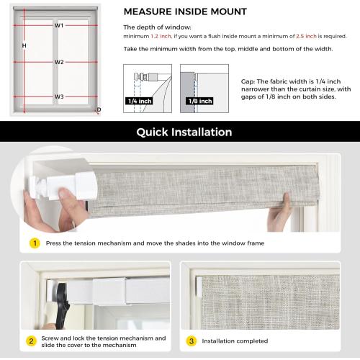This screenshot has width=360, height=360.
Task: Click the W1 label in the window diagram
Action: [59, 25]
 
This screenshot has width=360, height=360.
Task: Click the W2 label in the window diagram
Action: [59, 62]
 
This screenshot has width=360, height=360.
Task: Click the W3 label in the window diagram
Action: [59, 96]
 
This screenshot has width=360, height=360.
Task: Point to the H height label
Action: [24, 45]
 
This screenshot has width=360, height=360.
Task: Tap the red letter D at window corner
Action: [99, 109]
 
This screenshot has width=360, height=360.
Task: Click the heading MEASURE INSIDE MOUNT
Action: [185, 12]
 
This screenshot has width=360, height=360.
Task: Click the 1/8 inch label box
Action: [194, 101]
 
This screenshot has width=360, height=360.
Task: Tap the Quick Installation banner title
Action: [184, 132]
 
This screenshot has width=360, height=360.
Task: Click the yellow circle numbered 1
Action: [34, 243]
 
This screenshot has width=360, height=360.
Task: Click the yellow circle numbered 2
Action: [31, 341]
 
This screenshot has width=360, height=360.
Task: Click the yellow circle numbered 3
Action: [191, 341]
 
